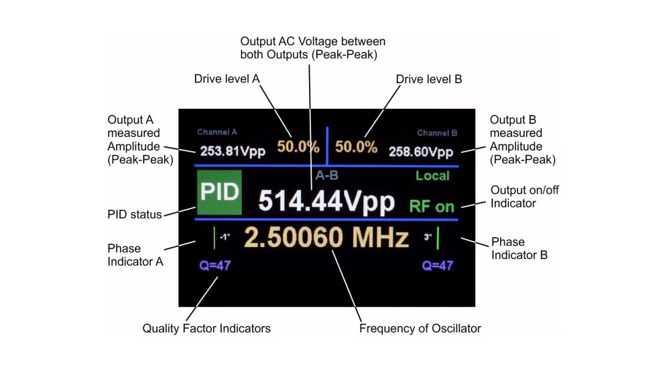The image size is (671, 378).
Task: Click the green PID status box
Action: pos(219,193)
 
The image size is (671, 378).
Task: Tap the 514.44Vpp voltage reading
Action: pos(326,201)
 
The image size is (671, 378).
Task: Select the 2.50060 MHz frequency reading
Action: pos(326,238)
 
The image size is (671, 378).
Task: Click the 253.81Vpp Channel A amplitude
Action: pos(233,151)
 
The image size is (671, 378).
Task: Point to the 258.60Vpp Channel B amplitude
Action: pos(421,152)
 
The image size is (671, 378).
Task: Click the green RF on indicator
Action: pos(432,207)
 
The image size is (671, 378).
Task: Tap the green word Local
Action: pos(432,176)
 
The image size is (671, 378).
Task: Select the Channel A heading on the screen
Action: pos(217,132)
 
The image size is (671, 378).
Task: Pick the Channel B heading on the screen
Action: pos(437,133)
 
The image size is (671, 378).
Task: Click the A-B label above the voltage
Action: pos(327,175)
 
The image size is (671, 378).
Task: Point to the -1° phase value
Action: pos(225,236)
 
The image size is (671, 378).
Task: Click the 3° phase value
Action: pos(428,237)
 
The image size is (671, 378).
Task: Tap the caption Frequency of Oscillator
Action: pos(420,328)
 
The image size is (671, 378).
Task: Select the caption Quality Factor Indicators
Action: pos(206,329)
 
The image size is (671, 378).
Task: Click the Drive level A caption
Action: pos(227,79)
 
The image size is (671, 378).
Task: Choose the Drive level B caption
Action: pos(429,79)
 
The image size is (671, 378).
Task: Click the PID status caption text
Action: pos(135,214)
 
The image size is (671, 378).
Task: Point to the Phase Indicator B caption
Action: pos(520,248)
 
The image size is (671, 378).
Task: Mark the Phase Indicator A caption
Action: pos(135,255)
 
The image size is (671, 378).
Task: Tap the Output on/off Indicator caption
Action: pos(525,196)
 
